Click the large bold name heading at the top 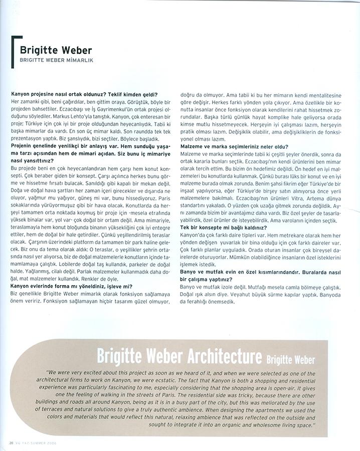point(56,50)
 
